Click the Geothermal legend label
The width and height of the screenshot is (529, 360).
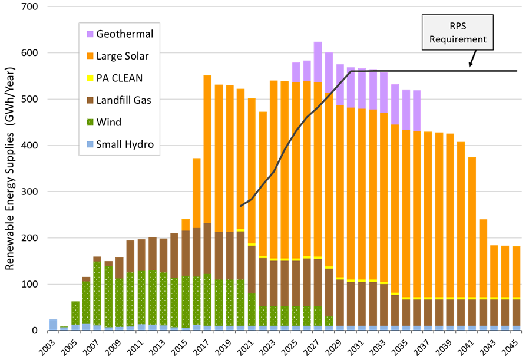point(124,34)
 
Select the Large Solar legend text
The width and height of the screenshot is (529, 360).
point(122,56)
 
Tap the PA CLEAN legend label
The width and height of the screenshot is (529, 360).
point(119,78)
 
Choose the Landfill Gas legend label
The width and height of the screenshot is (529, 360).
point(123,100)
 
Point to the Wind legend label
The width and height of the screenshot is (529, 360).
point(108,123)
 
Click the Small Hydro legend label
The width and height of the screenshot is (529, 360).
point(124,144)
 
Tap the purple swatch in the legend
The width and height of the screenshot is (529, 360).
point(90,34)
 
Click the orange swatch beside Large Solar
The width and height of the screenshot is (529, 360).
point(90,56)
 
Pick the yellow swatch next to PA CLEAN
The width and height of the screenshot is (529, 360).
point(90,78)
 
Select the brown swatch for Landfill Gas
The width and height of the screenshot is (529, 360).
point(90,100)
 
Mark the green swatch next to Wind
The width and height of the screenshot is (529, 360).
point(90,123)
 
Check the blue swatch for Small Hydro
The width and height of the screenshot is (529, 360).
point(90,144)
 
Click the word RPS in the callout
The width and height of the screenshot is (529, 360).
point(458,27)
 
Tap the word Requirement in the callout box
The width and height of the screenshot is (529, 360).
point(458,39)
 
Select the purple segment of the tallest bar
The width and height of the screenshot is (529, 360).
point(318,61)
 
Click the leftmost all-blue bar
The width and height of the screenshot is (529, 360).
point(53,324)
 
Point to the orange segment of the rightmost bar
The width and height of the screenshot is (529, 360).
point(516,271)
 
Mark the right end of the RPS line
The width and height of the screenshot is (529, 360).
point(517,71)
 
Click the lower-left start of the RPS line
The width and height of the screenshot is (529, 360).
point(241,206)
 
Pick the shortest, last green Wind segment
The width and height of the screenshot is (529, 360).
point(329,321)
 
